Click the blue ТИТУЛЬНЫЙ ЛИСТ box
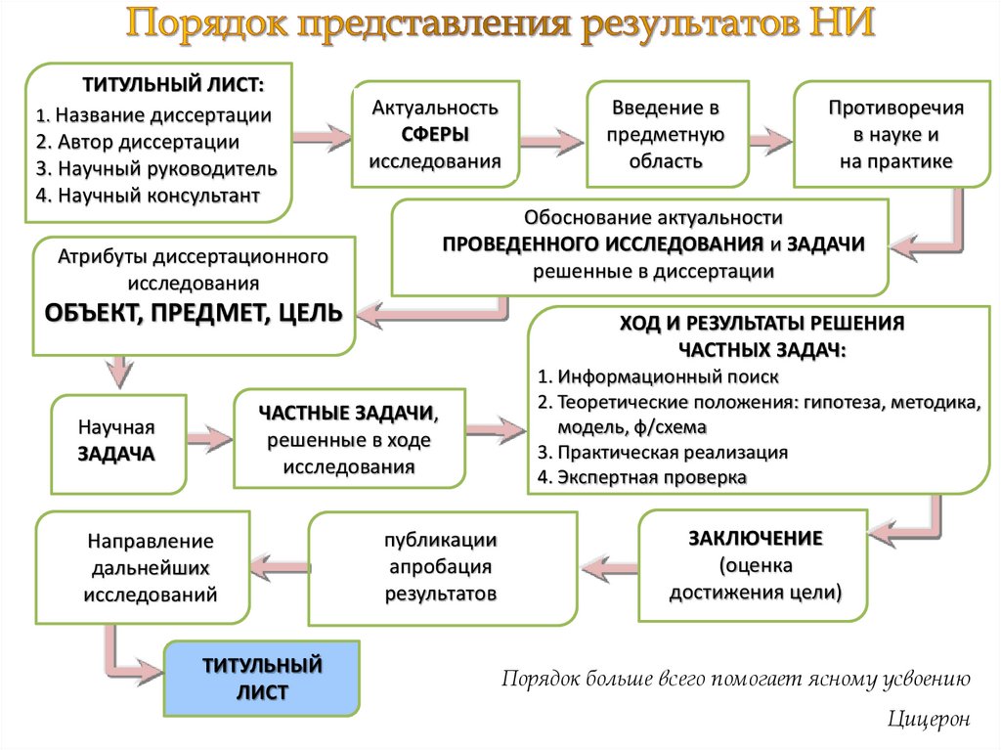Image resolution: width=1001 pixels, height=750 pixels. (x=261, y=679)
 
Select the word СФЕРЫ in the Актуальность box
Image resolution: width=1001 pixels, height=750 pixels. (x=435, y=134)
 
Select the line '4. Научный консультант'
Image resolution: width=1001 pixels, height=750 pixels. (x=148, y=196)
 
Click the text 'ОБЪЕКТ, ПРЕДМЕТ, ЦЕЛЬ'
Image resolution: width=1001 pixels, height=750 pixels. (x=194, y=313)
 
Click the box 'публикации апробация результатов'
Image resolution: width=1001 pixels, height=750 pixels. (x=441, y=567)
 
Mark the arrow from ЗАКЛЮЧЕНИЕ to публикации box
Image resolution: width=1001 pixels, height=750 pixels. (x=607, y=566)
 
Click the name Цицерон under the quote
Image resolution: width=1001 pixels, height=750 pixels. (x=930, y=719)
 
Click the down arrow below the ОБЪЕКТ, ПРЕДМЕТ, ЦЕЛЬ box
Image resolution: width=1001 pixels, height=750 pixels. (x=118, y=372)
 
